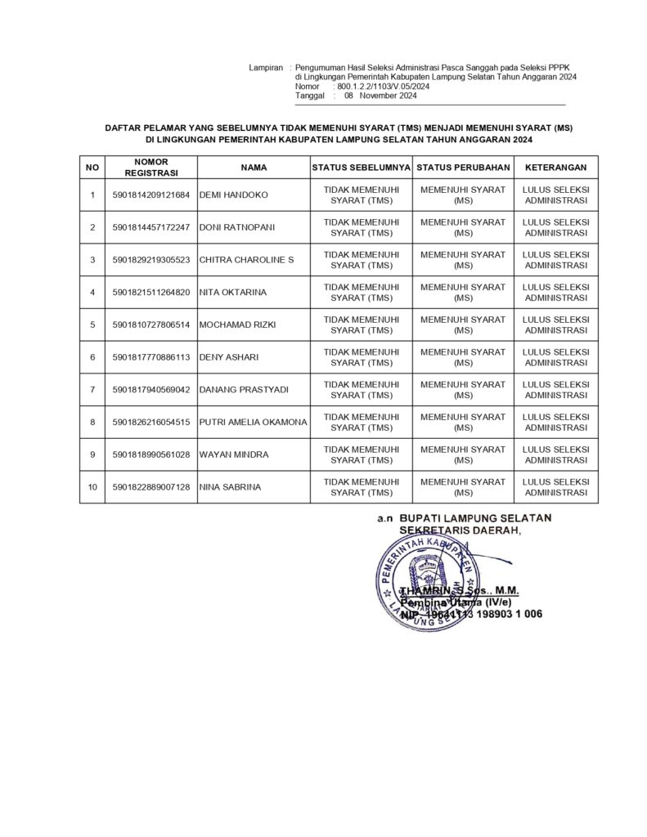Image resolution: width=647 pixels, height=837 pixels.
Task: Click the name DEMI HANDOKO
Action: point(233,195)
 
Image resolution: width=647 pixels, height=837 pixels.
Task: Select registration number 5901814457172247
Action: point(151,227)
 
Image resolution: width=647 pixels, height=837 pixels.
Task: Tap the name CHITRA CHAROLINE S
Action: point(246,260)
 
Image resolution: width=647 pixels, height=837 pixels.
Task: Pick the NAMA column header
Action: point(254,167)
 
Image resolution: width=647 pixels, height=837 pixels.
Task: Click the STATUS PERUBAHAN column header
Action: point(463,167)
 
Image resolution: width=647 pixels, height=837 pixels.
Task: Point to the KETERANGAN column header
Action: point(555,167)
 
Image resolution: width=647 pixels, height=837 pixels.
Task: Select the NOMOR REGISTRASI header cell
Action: point(151,167)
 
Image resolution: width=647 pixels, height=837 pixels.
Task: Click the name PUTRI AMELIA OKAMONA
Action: point(254,422)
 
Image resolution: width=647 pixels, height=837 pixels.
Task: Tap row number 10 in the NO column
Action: point(92,487)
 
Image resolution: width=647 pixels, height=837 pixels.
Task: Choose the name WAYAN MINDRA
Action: point(234,454)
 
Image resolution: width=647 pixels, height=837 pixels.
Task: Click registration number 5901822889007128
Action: point(151,487)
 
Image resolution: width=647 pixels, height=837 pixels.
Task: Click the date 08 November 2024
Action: point(380,96)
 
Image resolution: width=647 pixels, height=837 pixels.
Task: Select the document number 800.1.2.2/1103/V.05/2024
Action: point(384,86)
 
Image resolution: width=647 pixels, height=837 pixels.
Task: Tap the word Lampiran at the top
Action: point(266,66)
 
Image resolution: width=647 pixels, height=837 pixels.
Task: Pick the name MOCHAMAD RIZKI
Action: point(238,325)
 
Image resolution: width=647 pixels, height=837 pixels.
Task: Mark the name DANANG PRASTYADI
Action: point(244,390)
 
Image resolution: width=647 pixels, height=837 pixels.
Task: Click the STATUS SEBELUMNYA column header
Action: point(361,167)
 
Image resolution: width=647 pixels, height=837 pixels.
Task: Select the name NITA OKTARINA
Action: point(233,292)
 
